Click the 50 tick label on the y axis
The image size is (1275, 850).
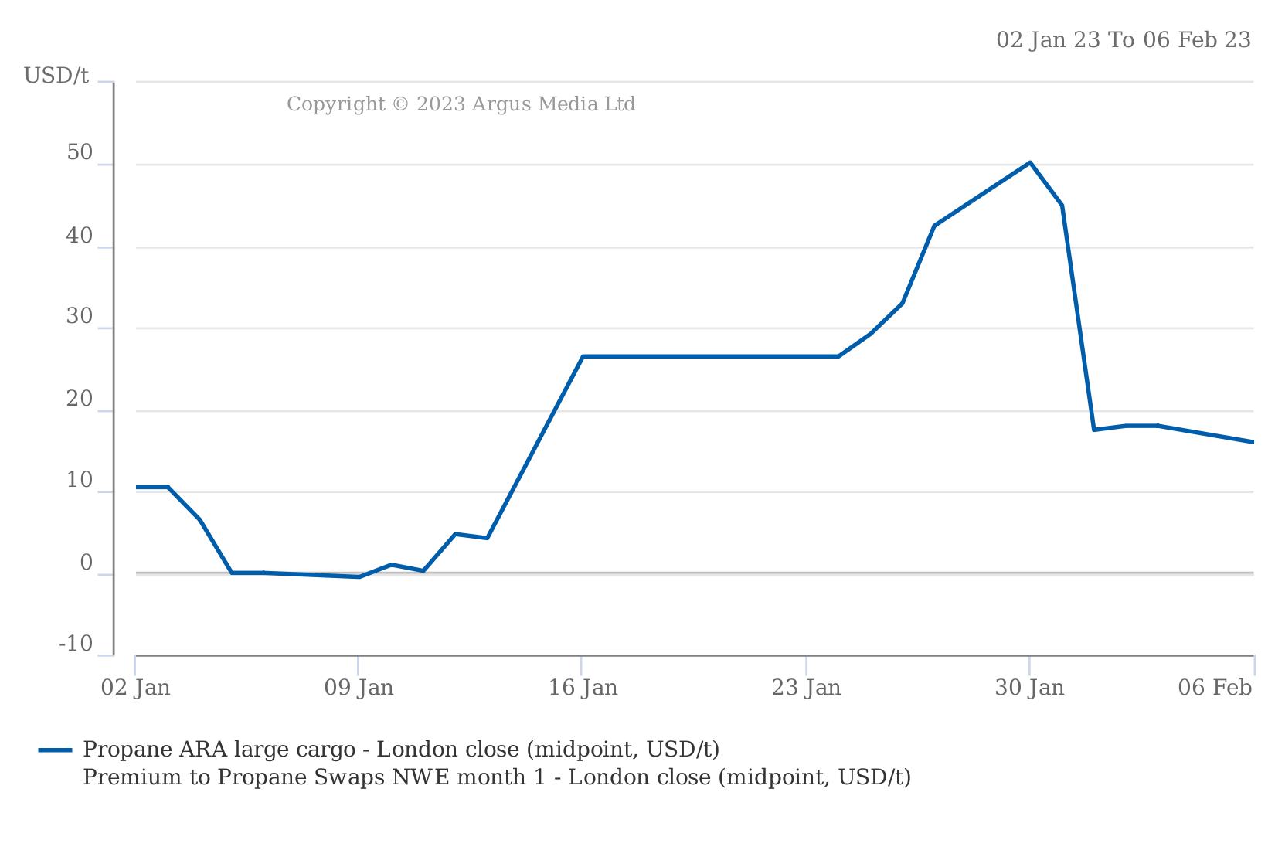pos(80,153)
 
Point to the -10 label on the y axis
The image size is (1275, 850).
pos(76,644)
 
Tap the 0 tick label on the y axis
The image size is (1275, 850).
pos(87,563)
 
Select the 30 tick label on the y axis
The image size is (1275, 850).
pos(80,317)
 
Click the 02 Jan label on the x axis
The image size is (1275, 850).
pos(136,688)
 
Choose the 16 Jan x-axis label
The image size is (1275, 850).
pos(583,688)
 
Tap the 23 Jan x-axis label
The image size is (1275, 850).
pos(806,688)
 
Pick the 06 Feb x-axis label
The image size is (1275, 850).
pos(1214,688)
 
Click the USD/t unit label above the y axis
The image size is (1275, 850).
pos(56,76)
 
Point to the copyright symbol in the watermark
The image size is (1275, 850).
pos(399,104)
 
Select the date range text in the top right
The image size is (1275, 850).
pos(1123,40)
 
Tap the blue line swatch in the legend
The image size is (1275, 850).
pos(56,750)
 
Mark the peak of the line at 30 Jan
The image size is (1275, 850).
pos(1030,162)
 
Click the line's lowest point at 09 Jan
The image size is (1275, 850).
pos(359,576)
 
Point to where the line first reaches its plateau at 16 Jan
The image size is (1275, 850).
pos(583,356)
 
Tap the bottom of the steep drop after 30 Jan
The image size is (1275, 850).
pos(1094,430)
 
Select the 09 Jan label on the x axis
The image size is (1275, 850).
pos(359,688)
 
